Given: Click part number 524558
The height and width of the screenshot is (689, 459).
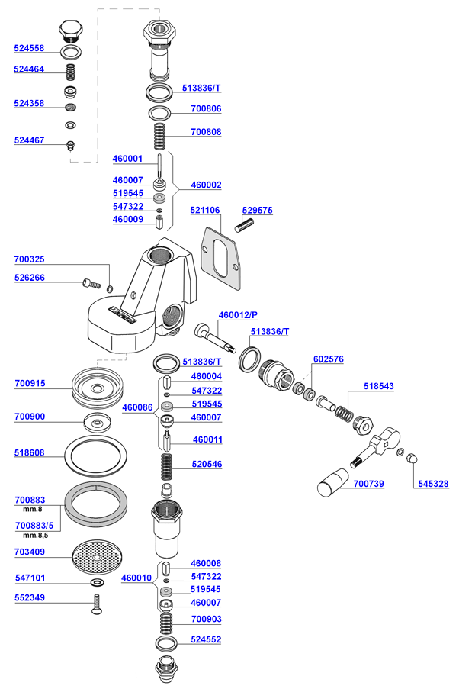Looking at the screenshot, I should coord(29,48).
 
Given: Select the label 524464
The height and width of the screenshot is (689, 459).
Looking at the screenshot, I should coord(29,69).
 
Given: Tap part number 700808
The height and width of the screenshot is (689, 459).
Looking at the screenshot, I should coord(206,132).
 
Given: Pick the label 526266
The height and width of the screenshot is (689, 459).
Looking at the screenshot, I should coord(29,278).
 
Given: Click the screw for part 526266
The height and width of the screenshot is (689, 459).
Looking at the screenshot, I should coord(91,285).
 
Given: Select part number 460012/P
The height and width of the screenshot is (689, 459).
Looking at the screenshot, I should coord(238,314).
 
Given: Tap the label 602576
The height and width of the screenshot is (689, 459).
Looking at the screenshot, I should coord(329,359).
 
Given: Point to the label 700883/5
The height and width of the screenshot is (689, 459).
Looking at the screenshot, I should coord(34,526).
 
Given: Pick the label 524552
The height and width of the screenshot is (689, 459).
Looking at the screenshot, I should coord(206,639).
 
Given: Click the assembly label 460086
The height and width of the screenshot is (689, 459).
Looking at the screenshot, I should coord(136,407).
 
